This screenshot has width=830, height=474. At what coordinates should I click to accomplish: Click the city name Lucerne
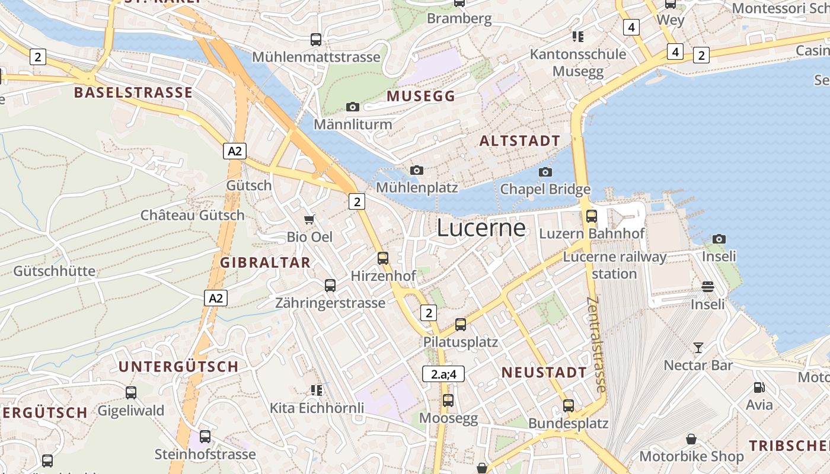pos(481,228)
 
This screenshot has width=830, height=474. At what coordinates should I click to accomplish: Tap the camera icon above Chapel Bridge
pos(545,172)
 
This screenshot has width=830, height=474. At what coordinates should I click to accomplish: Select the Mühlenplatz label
pos(417,188)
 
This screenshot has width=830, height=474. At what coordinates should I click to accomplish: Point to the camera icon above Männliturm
pos(353,107)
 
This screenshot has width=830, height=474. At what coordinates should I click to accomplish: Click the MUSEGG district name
pos(421,96)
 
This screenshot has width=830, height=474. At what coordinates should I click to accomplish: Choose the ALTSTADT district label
pos(519,141)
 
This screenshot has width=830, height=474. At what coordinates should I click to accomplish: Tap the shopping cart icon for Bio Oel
pos(309,220)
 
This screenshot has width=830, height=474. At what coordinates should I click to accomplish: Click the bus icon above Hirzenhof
pos(383,258)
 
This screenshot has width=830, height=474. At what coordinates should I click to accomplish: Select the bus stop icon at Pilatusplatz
pos(461,325)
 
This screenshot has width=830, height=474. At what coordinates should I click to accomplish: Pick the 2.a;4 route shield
pos(443,374)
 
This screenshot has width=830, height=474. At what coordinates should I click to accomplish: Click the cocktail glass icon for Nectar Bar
pos(698,348)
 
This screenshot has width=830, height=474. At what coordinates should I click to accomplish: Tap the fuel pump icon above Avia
pos(759,387)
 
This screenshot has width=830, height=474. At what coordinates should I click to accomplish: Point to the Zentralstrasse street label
pos(596,344)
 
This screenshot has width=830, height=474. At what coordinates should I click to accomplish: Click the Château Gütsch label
pos(192,215)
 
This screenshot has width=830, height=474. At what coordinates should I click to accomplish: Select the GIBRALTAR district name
pos(265,262)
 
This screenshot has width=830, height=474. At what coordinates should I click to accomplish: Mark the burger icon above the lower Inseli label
pos(708,287)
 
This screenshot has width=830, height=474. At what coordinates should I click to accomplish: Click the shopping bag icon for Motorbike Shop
pos(691,439)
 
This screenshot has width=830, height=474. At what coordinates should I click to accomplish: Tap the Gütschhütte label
pos(54,271)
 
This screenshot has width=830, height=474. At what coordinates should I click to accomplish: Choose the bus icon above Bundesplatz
pos(569,406)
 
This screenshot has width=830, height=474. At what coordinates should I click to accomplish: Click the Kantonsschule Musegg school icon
pos(578,37)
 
